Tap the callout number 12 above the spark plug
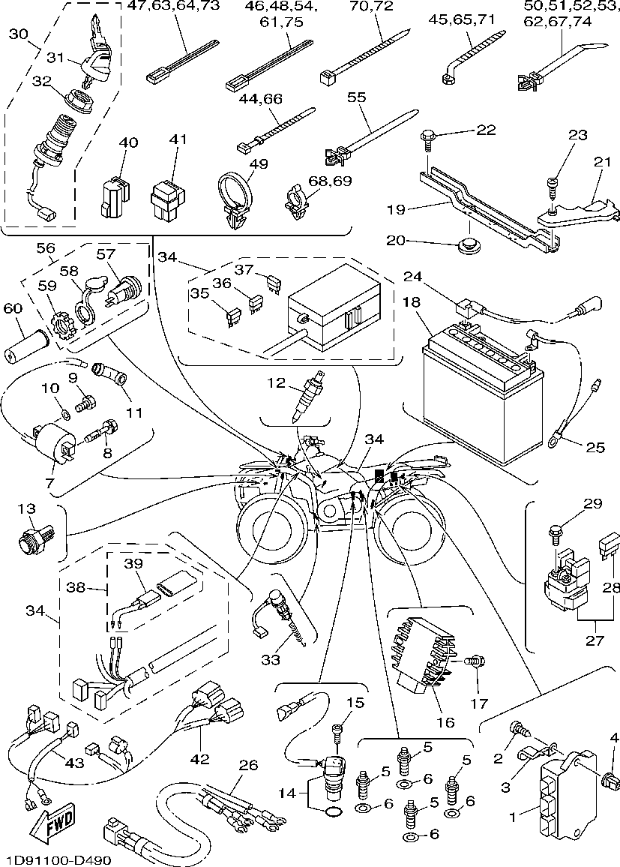pos(277,384)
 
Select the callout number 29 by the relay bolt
pos(592,504)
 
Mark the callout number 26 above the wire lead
pos(248,766)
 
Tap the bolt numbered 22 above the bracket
pos(427,136)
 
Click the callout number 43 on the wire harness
pos(74,763)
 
